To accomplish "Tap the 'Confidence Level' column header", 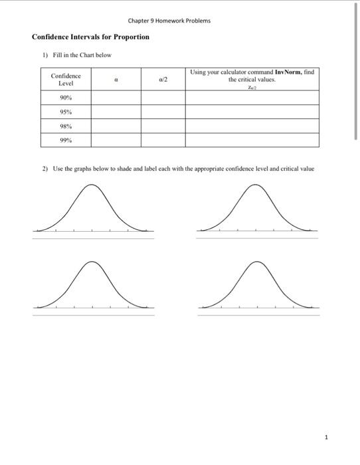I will coord(66,80).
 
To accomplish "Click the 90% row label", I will coord(66,98).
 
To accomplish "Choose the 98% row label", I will coord(66,126).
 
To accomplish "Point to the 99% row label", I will coord(66,139).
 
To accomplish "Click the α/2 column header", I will coord(163,79).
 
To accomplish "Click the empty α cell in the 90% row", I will coord(116,98).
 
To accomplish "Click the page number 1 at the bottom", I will coord(326,437).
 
